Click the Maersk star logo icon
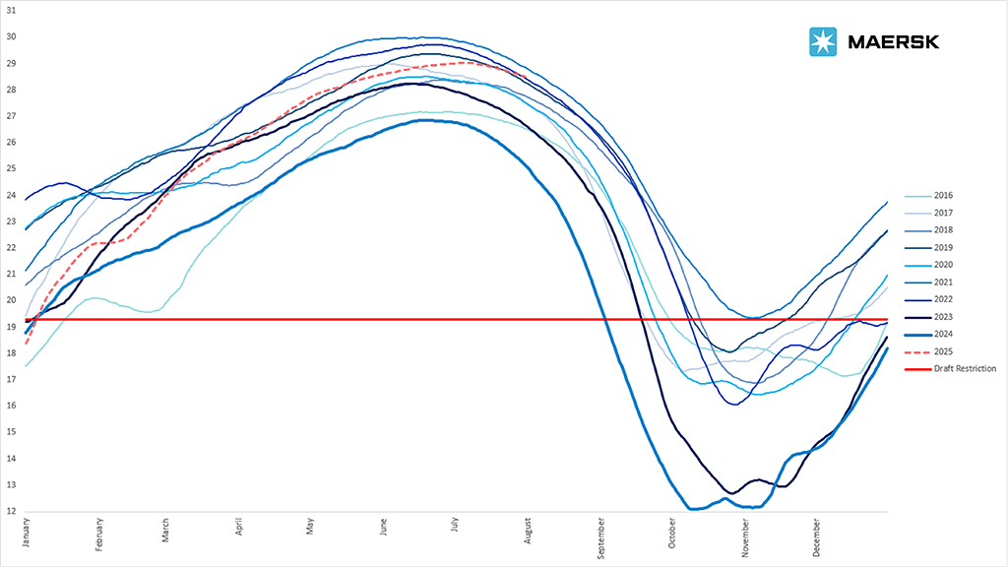(822, 41)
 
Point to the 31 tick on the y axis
(11, 10)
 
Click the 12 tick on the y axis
(11, 511)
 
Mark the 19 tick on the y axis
(11, 327)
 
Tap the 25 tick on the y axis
(11, 168)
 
